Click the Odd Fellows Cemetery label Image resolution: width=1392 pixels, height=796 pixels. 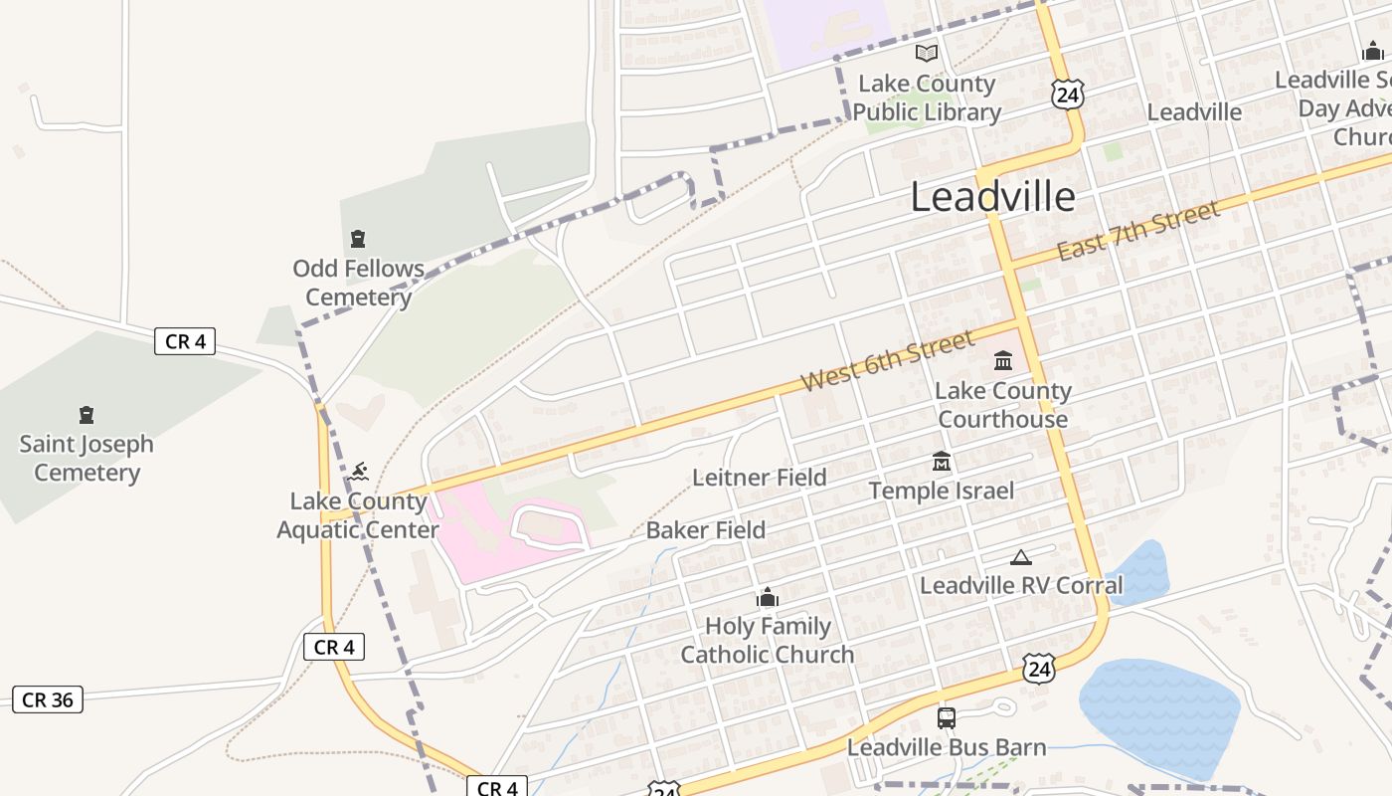point(358,283)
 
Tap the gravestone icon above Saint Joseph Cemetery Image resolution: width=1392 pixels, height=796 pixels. point(87,415)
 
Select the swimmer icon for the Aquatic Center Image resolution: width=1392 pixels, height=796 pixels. point(359,471)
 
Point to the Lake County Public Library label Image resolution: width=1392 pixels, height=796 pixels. point(927,98)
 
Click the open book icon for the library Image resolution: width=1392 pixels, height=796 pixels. point(927,53)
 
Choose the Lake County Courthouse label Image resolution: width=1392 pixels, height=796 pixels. point(1002,404)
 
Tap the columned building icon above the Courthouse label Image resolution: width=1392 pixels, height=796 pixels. point(1002,360)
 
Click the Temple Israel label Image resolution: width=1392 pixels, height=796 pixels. point(941,491)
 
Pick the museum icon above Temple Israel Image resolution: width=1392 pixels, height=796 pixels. point(941,462)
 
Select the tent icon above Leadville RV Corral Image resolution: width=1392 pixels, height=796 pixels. point(1020,557)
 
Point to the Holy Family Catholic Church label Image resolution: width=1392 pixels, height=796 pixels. point(767,640)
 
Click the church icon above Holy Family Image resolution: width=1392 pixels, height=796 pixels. point(767,598)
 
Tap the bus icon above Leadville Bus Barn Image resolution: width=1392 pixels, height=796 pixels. point(946,717)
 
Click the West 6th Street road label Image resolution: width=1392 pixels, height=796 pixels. point(887,361)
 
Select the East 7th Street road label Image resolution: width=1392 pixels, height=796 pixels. point(1137,231)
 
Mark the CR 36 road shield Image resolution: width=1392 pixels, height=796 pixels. point(48,699)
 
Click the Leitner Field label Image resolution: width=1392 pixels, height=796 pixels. point(759,478)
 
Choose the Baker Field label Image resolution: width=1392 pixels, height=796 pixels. point(705,530)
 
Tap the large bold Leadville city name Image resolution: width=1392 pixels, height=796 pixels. point(992,197)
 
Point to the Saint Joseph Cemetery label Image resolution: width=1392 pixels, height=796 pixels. point(87,458)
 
